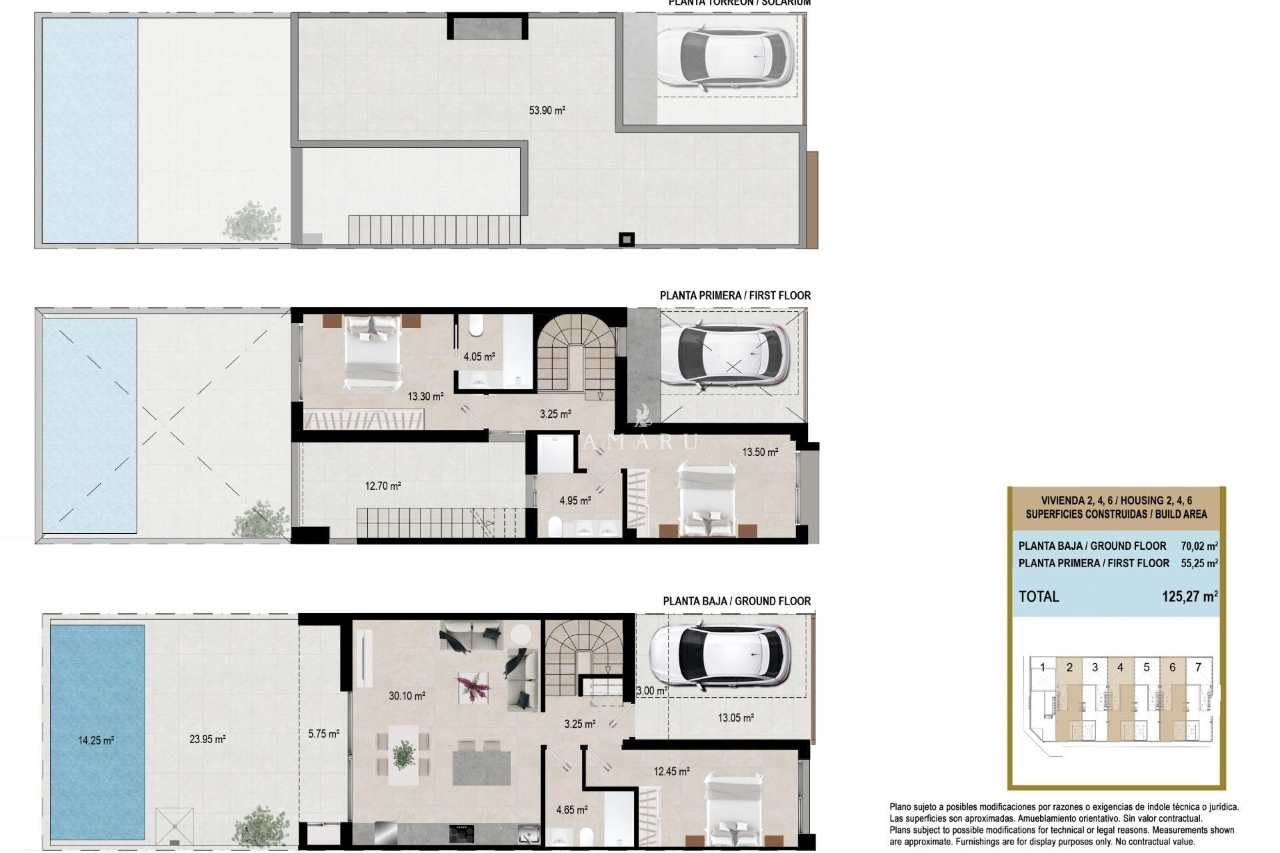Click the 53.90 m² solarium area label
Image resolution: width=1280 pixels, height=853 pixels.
547,111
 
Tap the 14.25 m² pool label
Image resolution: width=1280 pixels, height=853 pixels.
96,740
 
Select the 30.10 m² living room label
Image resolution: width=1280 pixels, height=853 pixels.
407,696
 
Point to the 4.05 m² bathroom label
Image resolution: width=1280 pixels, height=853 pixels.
479,357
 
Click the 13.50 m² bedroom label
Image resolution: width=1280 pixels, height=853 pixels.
760,452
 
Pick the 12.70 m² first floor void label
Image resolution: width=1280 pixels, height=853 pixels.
383,486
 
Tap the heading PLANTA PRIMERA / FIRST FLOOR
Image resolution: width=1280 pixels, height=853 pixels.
735,296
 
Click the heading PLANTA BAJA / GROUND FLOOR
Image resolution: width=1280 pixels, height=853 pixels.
736,601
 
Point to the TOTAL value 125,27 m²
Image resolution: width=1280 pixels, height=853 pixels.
1189,596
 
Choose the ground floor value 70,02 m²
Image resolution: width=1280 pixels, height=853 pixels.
1199,546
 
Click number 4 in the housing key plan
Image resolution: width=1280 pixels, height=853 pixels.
1139,667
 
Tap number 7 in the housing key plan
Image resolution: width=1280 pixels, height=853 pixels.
1198,667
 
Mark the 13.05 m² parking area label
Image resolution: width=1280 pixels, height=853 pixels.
735,718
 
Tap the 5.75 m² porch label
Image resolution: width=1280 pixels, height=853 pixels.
323,734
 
